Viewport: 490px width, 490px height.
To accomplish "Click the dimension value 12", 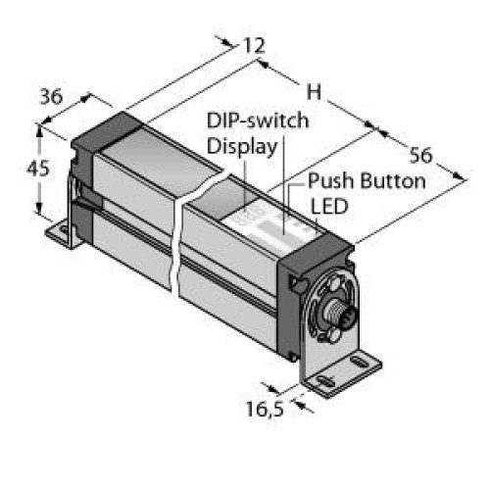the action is point(254,46).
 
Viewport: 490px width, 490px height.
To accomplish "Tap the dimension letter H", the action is point(314,92).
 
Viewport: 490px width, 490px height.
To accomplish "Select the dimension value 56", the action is point(420,155).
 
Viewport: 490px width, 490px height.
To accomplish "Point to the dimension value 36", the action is point(51,97).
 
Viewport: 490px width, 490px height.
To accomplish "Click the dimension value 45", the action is point(38,169).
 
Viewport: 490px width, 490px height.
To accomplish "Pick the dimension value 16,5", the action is point(265,409).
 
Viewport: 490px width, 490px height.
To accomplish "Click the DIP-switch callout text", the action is point(258,121).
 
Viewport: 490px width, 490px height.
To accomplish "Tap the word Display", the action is point(242,146).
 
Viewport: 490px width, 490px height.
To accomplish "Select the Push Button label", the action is point(367,180).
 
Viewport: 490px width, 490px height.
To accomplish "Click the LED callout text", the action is point(329,207).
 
